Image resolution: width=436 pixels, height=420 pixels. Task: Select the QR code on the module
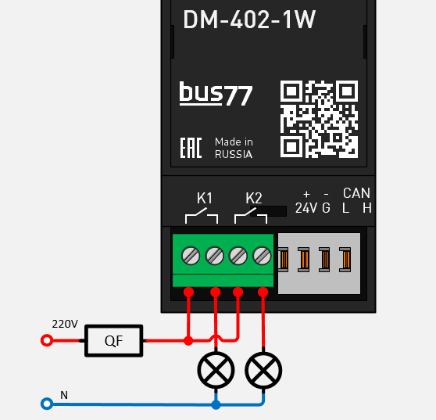(319, 118)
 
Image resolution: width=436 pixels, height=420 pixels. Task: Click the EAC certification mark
(191, 149)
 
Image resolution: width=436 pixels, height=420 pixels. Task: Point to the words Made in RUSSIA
(234, 149)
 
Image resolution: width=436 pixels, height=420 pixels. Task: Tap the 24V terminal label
(306, 208)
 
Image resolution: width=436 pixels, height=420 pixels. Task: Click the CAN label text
(356, 193)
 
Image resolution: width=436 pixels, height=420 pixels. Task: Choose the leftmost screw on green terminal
(190, 255)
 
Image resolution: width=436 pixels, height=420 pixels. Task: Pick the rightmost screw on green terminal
(263, 255)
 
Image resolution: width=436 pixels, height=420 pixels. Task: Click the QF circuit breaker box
(114, 341)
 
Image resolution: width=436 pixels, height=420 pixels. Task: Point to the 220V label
(65, 324)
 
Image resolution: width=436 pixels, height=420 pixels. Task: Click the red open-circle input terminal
(46, 341)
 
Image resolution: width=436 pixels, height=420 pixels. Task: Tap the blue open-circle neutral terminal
(46, 404)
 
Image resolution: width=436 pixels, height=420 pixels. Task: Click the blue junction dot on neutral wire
(216, 404)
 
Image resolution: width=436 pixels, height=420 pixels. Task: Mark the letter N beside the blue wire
(64, 395)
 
